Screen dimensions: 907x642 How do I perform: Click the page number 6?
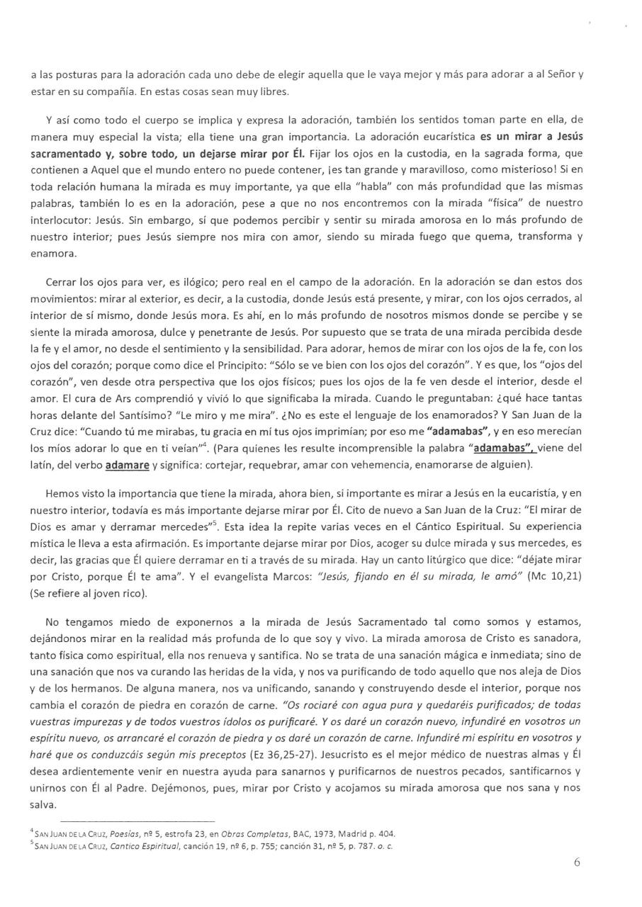(577, 862)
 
